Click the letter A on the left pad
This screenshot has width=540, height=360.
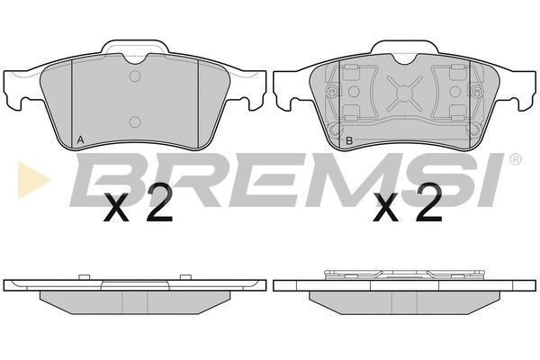(x=80, y=139)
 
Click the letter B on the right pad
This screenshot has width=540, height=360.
(x=349, y=140)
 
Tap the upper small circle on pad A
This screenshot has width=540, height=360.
(x=135, y=76)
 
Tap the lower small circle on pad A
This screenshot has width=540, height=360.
(x=135, y=121)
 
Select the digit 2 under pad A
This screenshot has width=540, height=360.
(x=158, y=202)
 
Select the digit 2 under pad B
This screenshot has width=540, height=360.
(x=428, y=202)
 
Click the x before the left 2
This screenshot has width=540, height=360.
(x=117, y=208)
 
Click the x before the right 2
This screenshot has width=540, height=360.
(x=386, y=208)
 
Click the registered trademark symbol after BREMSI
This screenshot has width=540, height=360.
(x=515, y=158)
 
